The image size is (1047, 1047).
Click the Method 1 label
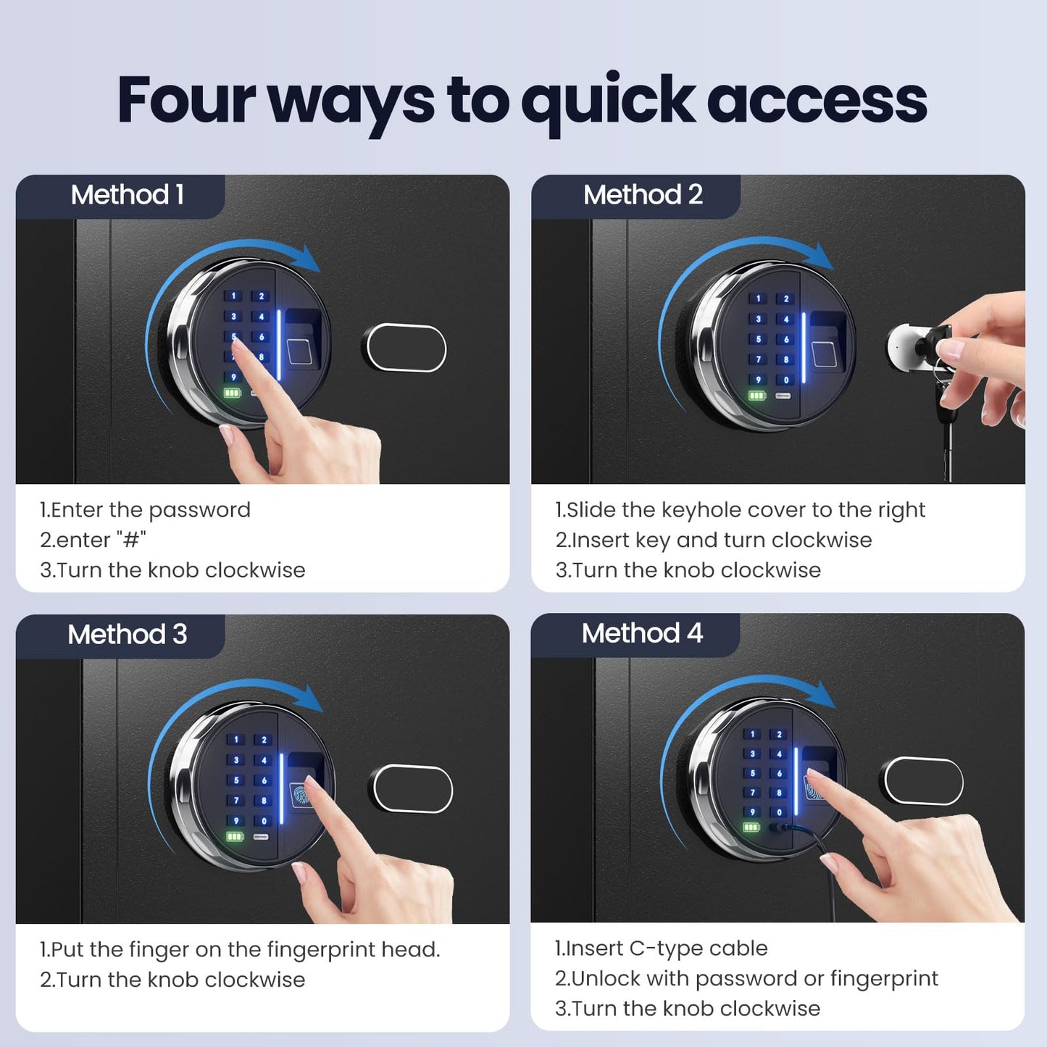pyautogui.click(x=127, y=195)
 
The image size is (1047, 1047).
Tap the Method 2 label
pyautogui.click(x=643, y=195)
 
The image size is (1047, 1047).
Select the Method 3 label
pyautogui.click(x=127, y=634)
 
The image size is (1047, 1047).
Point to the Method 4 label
pyautogui.click(x=642, y=633)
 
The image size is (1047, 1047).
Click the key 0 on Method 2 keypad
pyautogui.click(x=785, y=380)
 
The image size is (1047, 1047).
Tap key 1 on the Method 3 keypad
pyautogui.click(x=235, y=740)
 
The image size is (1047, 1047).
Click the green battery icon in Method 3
pyautogui.click(x=235, y=836)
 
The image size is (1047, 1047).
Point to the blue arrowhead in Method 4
pyautogui.click(x=824, y=695)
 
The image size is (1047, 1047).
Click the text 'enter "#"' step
pyautogui.click(x=93, y=540)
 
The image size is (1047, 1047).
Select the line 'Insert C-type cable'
pyautogui.click(x=662, y=948)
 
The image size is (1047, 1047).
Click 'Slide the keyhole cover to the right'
pyautogui.click(x=740, y=510)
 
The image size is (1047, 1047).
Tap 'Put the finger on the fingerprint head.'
pyautogui.click(x=240, y=950)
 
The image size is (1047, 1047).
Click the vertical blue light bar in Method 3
pyautogui.click(x=282, y=788)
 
